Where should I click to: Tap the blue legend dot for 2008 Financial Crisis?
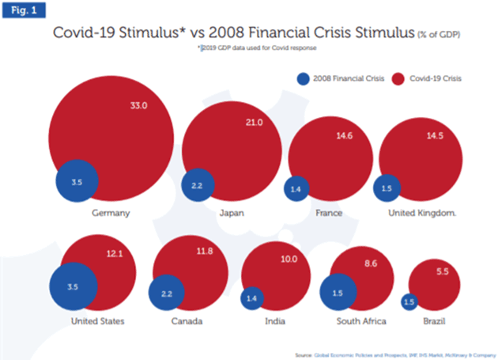click(301, 78)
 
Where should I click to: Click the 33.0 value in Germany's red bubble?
click(139, 104)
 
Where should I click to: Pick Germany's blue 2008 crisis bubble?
click(77, 182)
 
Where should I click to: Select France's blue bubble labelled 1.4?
click(296, 189)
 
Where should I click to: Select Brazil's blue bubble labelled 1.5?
click(409, 301)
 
